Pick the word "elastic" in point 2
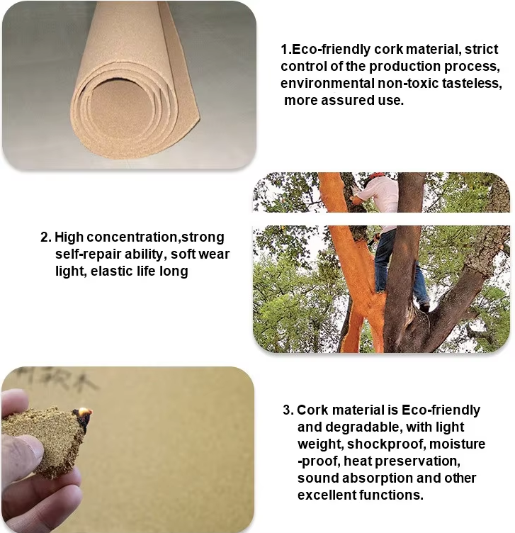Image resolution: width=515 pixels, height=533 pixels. pos(112,271)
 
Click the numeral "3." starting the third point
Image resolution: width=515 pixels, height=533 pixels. pos(288,410)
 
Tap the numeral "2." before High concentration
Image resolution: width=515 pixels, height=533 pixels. pos(46,237)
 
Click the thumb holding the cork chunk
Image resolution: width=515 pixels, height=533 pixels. pos(21,450)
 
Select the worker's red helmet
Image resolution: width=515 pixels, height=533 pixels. pos(376,175)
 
